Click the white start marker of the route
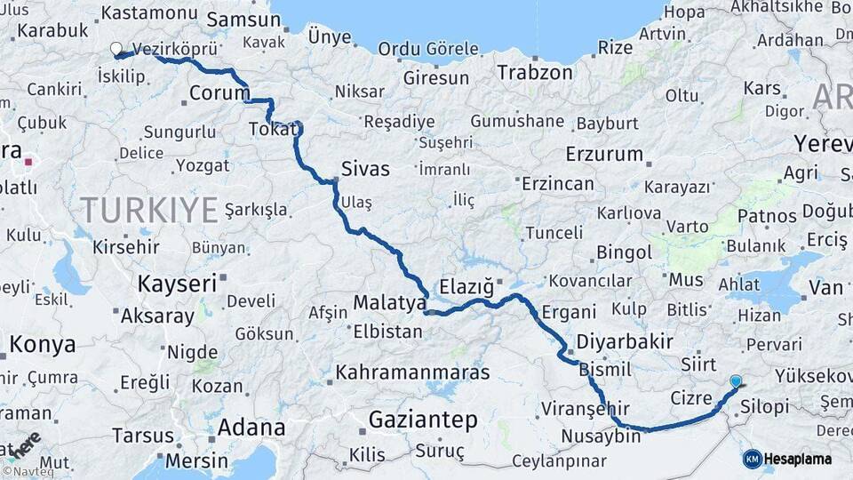point(116,50)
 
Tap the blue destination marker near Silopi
point(735,382)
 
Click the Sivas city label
point(365,168)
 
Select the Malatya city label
point(390,303)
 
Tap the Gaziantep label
point(423,419)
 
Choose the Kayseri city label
point(177,284)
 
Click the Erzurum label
point(603,154)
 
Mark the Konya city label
point(43,345)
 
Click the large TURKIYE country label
point(149,210)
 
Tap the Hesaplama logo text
point(798,459)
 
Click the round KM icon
point(752,459)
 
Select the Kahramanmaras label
point(412,372)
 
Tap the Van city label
point(826,287)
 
